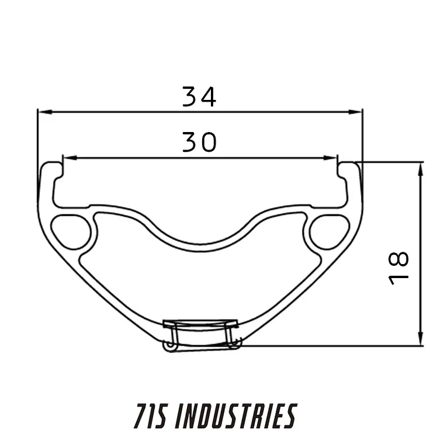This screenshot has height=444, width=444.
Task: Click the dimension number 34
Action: pyautogui.click(x=199, y=96)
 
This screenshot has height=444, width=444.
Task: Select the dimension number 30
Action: pyautogui.click(x=199, y=142)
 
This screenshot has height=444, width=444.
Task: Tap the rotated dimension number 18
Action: pyautogui.click(x=400, y=268)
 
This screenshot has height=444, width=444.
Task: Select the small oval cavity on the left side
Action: pyautogui.click(x=71, y=231)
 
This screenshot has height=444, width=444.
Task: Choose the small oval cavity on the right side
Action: pyautogui.click(x=329, y=231)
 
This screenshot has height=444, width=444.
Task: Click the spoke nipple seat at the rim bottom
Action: pyautogui.click(x=200, y=333)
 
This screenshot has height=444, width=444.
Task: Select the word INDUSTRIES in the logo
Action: pyautogui.click(x=235, y=416)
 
